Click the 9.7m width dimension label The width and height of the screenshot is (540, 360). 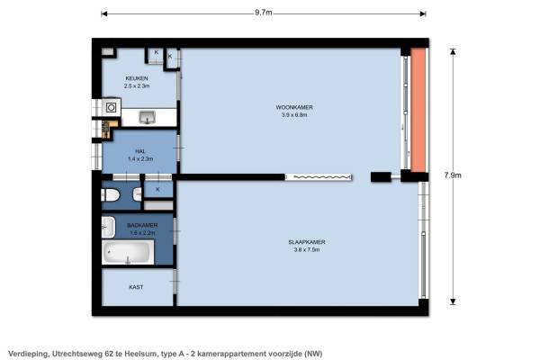[264, 13]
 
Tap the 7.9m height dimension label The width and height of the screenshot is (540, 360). [453, 175]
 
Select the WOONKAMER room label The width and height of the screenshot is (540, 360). [294, 107]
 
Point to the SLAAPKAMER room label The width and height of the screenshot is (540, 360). [307, 242]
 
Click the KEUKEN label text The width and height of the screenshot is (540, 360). [137, 78]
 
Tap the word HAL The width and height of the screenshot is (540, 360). [140, 151]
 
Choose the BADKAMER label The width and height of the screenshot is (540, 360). [142, 225]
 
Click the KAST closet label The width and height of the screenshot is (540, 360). [136, 287]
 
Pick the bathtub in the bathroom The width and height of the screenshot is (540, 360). [128, 252]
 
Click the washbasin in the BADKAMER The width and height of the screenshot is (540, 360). [108, 227]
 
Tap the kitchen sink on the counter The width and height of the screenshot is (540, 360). [148, 117]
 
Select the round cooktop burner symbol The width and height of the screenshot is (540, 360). [111, 107]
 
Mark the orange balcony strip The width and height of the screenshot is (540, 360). [418, 110]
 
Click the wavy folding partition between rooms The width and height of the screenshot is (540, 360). [319, 177]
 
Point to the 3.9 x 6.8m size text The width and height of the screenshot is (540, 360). [294, 115]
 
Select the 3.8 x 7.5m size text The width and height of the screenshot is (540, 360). [307, 250]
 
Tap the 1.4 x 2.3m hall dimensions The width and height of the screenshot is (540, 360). [140, 158]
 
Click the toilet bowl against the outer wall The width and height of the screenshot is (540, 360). [110, 195]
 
